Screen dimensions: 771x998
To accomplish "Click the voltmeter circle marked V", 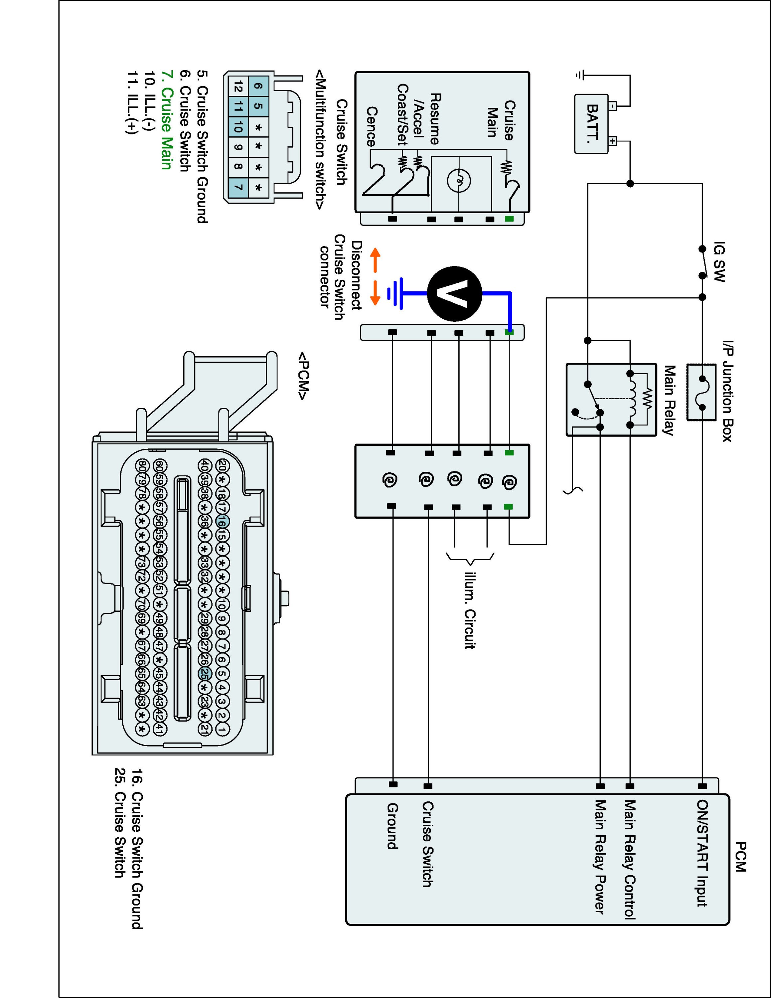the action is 454,294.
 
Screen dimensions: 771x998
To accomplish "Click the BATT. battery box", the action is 591,123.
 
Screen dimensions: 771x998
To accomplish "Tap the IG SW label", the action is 718,262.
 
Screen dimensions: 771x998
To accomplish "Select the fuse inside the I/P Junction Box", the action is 701,392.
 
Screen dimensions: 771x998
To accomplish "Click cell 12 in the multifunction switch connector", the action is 237,85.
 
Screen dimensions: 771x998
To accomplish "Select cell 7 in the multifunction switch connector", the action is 237,187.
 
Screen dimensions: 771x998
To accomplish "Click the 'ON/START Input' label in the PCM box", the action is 702,853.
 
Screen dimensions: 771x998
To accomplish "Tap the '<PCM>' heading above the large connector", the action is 303,376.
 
